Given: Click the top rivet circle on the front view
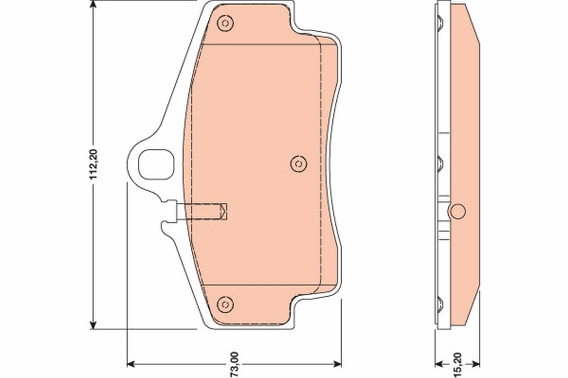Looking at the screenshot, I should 225,23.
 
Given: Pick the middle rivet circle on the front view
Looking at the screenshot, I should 298,163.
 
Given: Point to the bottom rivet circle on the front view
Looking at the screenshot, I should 225,304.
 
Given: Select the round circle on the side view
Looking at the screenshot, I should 458,211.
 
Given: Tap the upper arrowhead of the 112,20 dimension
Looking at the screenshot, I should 94,6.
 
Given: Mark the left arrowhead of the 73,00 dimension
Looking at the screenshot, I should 132,364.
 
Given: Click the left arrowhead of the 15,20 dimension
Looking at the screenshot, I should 439,364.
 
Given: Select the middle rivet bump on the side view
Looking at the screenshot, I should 440,163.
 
